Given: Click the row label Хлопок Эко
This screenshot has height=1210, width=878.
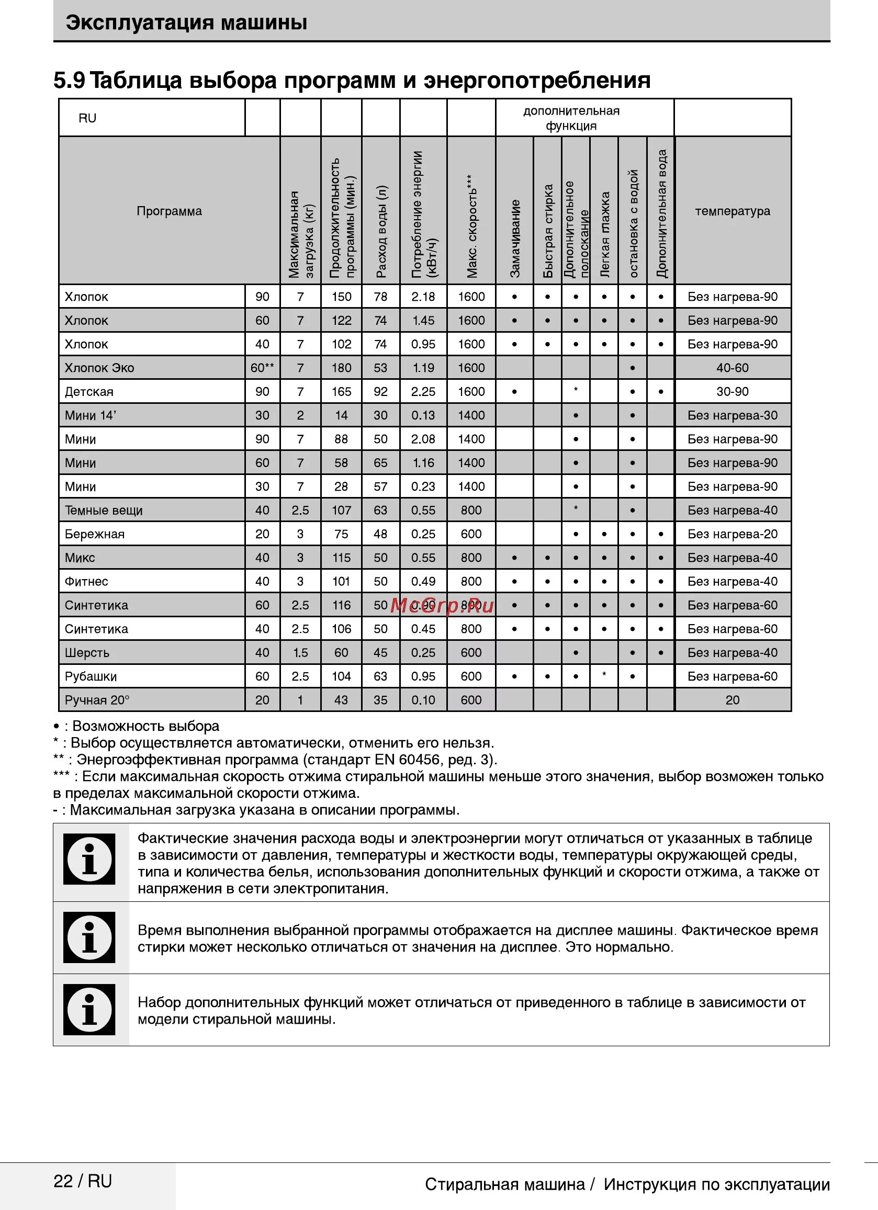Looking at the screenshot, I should pos(99,368).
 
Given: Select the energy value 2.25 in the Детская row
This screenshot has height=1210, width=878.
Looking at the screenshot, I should pos(423,392).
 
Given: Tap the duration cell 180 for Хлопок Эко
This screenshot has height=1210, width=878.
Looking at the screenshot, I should pos(341,368).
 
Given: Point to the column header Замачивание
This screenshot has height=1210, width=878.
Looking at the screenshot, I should pos(514,238).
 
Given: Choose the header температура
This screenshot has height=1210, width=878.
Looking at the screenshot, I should pos(733,211).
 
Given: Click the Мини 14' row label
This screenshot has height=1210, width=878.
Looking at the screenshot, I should pos(90,415).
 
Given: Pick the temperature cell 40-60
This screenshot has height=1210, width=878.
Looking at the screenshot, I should pos(733,368).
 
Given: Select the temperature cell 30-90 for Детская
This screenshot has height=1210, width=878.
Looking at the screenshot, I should pos(733,392).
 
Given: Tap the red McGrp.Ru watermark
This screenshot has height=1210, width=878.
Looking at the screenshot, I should pos(442,606).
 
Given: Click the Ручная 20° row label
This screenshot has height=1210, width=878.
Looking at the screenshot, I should pos(97,700).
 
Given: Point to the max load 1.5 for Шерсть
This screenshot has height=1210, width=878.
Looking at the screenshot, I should pos(300,652).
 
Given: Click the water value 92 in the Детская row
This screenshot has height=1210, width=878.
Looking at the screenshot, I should pos(380,392).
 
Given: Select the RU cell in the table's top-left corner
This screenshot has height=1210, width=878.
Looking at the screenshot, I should pos(87,118).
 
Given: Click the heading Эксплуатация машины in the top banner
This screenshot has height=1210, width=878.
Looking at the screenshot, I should pos(186,23).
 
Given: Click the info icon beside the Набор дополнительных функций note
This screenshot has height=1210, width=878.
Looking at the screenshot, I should pos(89,1010).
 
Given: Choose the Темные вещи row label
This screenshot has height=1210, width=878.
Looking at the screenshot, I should pos(104,510).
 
